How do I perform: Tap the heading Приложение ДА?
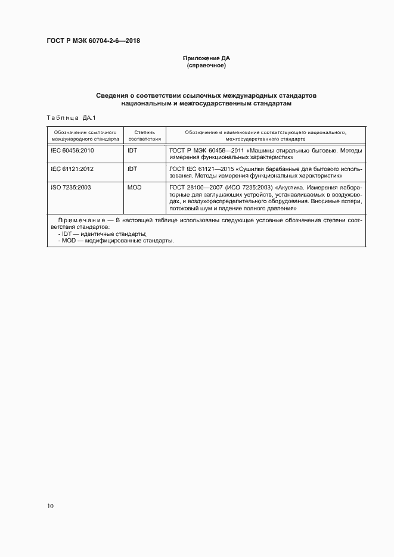pyautogui.click(x=206, y=58)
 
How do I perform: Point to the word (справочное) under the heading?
pyautogui.click(x=206, y=66)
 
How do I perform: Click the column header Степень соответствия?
pyautogui.click(x=144, y=135)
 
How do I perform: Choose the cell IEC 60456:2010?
pyautogui.click(x=72, y=151)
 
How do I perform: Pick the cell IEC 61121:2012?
pyautogui.click(x=72, y=169)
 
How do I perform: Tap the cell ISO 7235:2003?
pyautogui.click(x=71, y=187)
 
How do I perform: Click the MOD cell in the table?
pyautogui.click(x=134, y=187)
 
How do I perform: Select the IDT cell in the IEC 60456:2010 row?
pyautogui.click(x=132, y=151)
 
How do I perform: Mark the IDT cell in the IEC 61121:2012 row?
pyautogui.click(x=132, y=169)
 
